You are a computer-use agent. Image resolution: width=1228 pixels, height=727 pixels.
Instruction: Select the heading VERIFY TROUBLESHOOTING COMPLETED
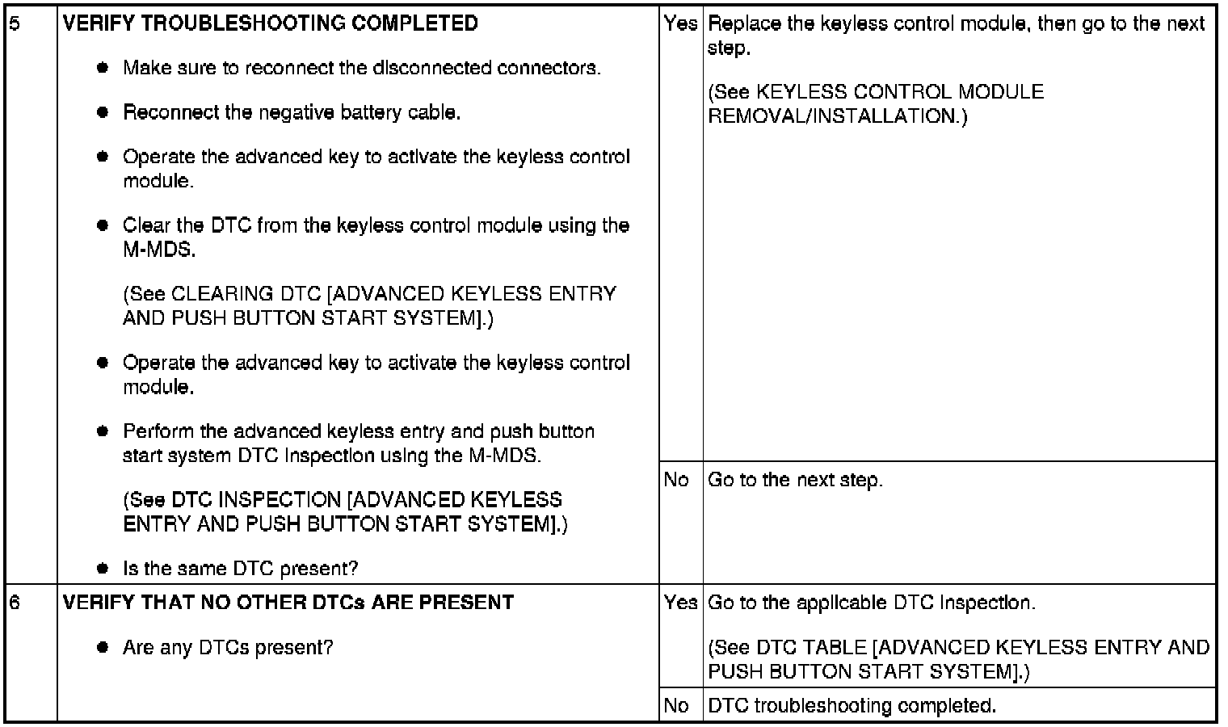(270, 23)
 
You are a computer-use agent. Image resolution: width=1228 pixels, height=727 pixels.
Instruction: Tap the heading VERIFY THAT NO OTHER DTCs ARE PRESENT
(288, 603)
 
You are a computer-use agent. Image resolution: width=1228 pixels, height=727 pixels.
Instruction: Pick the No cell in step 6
(676, 706)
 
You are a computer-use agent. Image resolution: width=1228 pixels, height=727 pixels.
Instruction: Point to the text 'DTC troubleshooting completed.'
(852, 706)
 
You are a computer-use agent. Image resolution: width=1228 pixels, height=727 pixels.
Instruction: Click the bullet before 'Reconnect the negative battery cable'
(103, 112)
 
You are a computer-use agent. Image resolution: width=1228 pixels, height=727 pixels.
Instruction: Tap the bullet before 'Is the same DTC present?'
(103, 569)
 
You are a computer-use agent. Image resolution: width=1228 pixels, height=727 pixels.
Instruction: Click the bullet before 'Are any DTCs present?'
(103, 647)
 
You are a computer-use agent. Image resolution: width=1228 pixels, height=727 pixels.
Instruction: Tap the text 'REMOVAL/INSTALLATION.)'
(837, 116)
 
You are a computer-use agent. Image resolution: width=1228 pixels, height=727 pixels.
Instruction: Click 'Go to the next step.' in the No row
(795, 480)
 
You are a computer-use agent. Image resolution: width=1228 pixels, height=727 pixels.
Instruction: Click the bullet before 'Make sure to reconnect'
(103, 68)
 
